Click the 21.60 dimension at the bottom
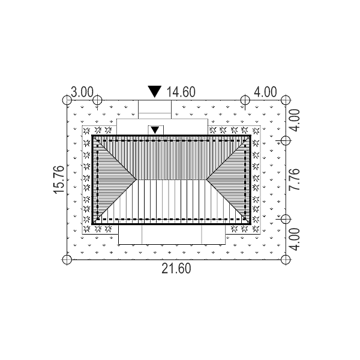coord(176,268)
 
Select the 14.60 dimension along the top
coord(181,92)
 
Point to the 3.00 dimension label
coord(82,92)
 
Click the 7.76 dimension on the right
coord(295,179)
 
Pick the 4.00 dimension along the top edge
coord(265,92)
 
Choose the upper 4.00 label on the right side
coord(295,121)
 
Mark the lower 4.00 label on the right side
coord(295,239)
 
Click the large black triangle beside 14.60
coord(155,91)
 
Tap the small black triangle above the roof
coord(155,130)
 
